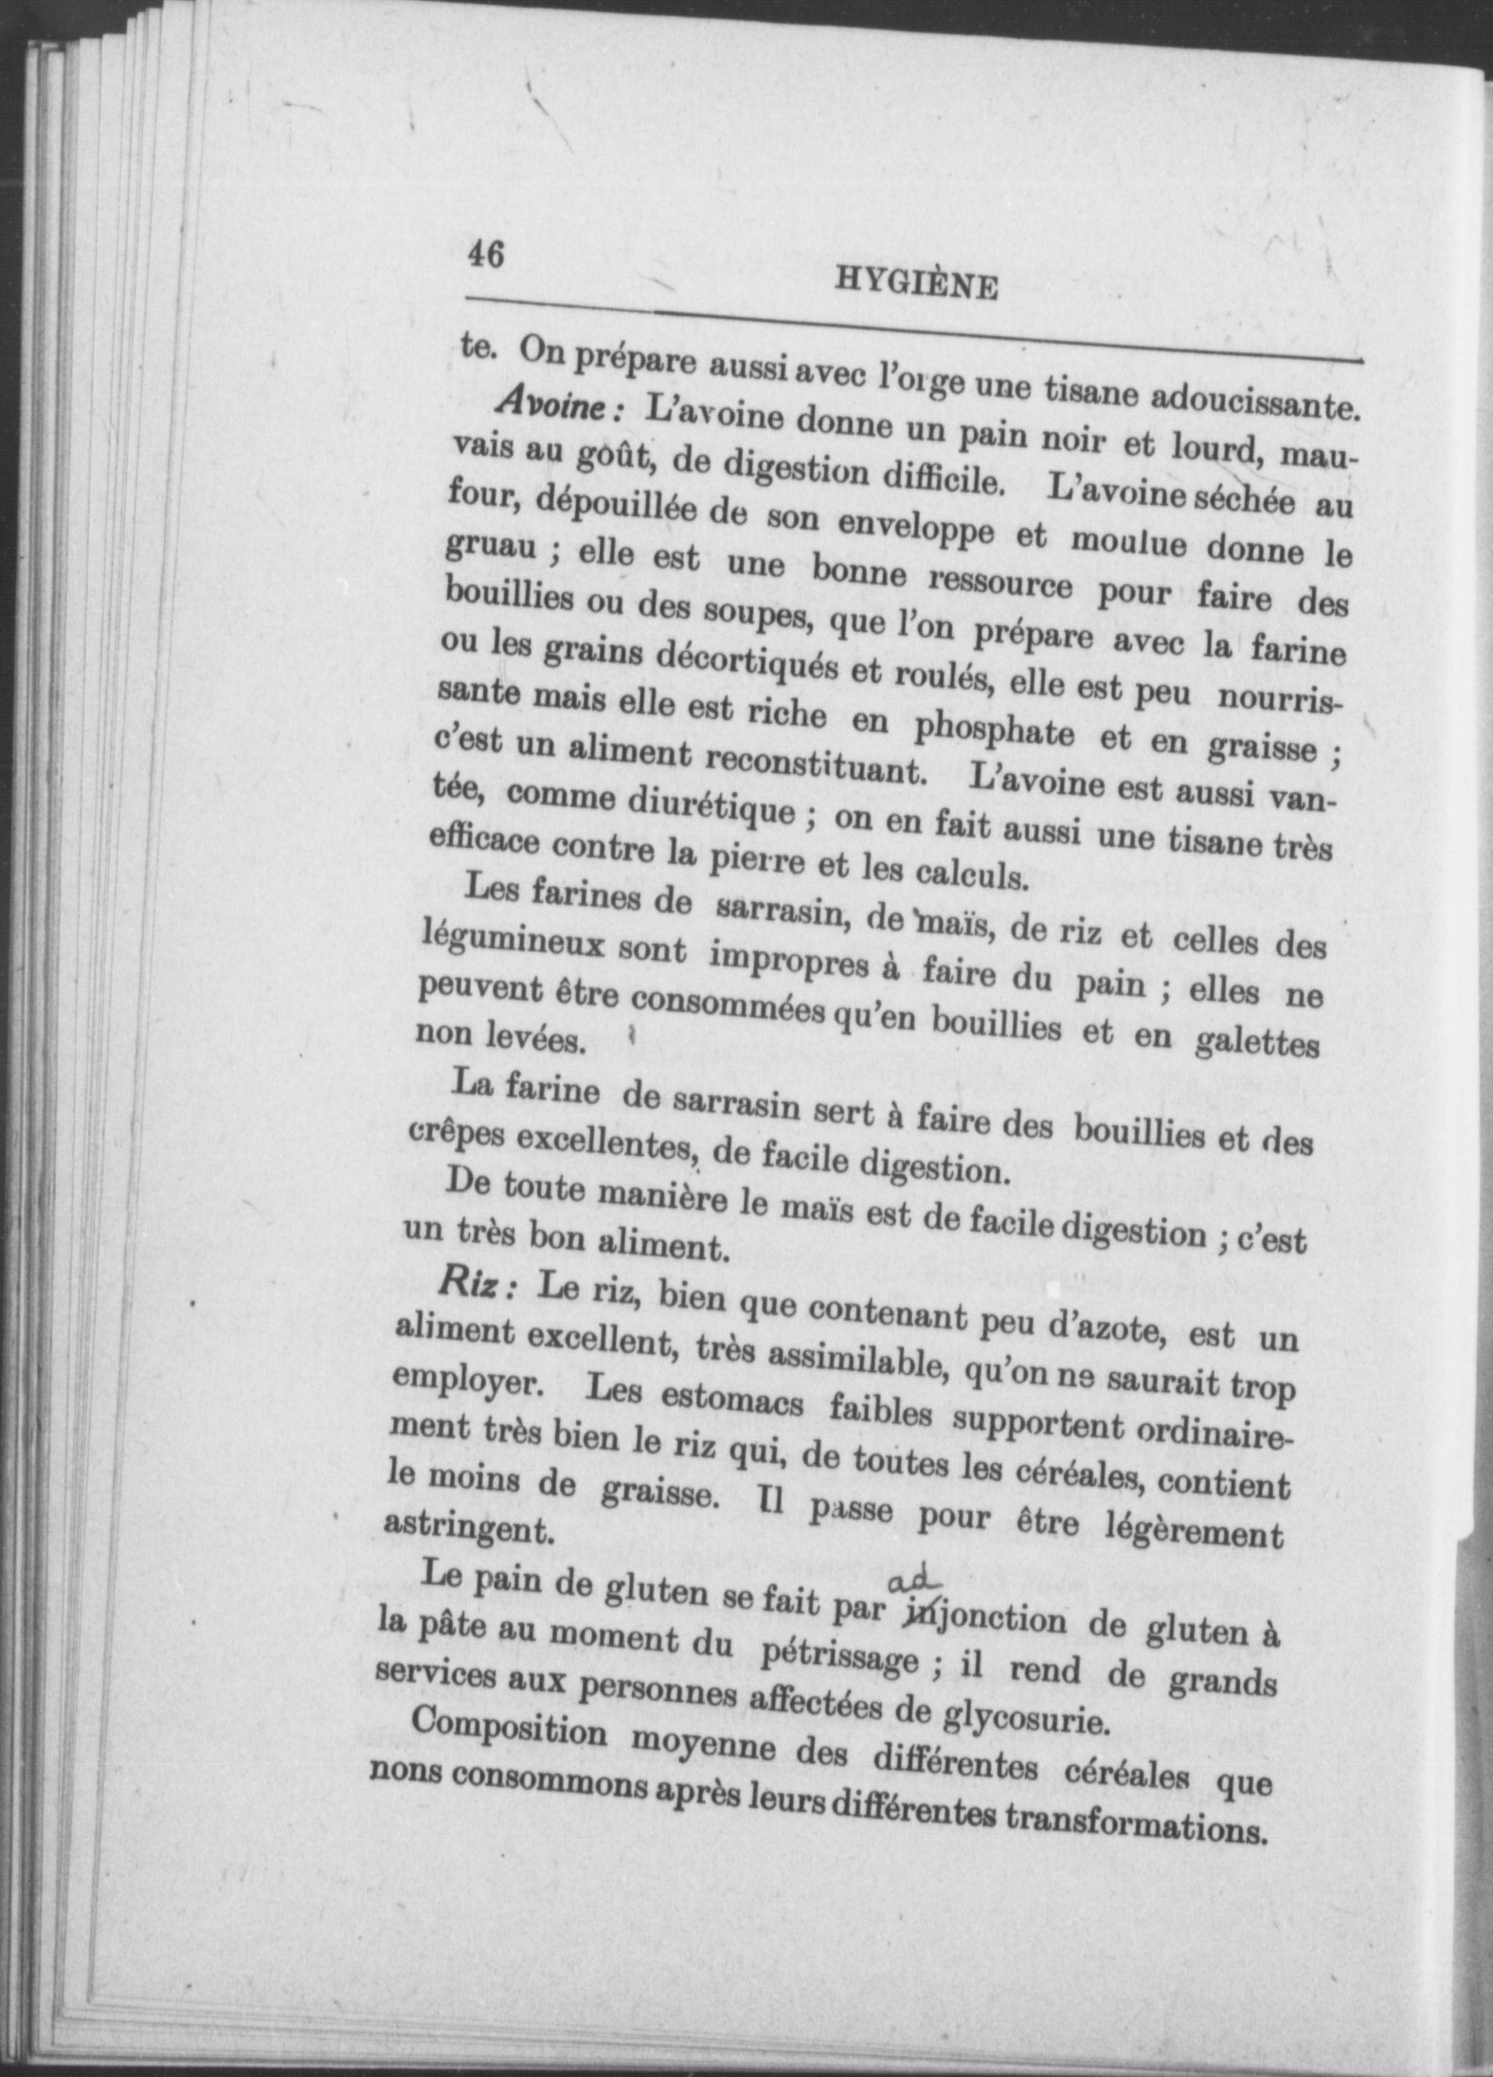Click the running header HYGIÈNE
[x=916, y=283]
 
